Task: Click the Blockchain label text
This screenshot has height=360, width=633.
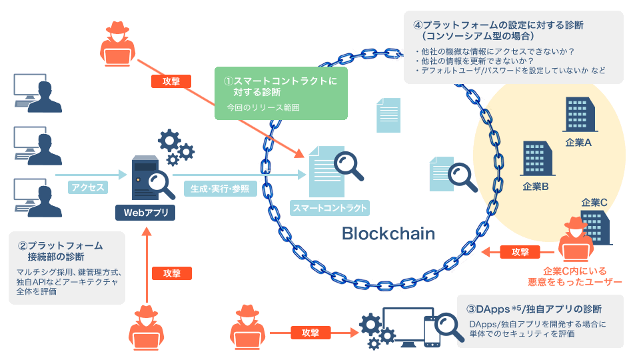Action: [x=388, y=233]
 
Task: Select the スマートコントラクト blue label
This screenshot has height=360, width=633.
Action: [x=330, y=208]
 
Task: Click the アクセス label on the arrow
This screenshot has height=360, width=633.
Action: [x=87, y=187]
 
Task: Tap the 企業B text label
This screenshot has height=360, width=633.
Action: [x=536, y=187]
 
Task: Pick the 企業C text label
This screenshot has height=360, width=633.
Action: [x=594, y=202]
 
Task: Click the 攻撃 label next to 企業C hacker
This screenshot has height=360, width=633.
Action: [x=520, y=252]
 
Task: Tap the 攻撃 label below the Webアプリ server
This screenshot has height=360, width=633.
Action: [x=172, y=273]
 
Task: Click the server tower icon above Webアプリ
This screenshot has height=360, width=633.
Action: [x=143, y=177]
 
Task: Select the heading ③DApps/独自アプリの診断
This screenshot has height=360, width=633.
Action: [x=534, y=309]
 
